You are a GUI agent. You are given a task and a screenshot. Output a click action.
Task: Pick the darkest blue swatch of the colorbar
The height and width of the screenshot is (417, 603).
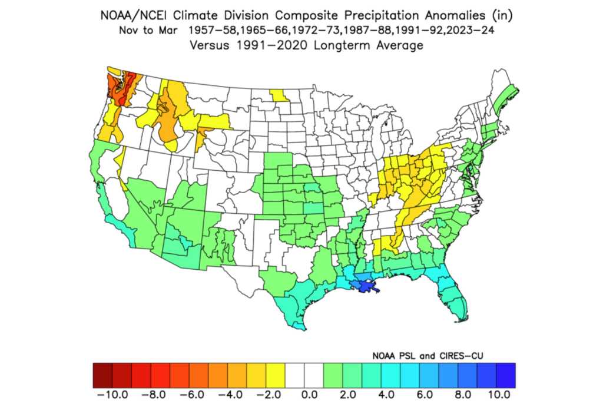click(506, 375)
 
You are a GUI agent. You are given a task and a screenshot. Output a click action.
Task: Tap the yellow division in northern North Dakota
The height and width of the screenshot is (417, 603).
click(280, 94)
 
